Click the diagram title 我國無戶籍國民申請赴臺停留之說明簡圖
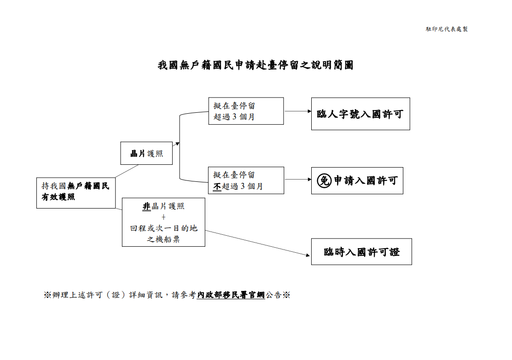[x=256, y=65]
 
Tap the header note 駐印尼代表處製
[x=447, y=29]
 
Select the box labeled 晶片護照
[x=146, y=153]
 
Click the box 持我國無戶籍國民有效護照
[x=76, y=192]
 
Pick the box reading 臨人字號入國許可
[x=360, y=114]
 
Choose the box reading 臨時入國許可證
[x=361, y=252]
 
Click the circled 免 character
[x=324, y=181]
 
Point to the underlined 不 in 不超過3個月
[x=217, y=186]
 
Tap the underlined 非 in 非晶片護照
[x=147, y=207]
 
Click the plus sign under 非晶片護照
[x=163, y=217]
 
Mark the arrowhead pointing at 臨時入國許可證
[x=308, y=255]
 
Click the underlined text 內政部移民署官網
[x=231, y=295]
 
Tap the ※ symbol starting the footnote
[x=47, y=295]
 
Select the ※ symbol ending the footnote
[x=286, y=295]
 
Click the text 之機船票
[x=163, y=239]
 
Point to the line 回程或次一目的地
[x=163, y=228]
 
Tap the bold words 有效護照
[x=58, y=197]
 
